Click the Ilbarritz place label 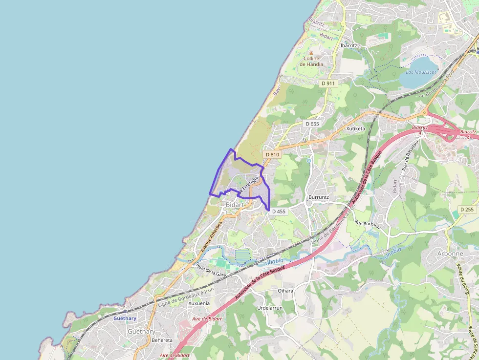(348, 45)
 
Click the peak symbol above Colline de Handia (311, 52)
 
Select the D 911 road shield (328, 84)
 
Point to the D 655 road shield (312, 124)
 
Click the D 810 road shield (272, 154)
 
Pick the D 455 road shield (278, 212)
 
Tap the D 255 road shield (467, 210)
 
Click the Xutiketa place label (355, 128)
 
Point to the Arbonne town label (450, 254)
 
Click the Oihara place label (285, 291)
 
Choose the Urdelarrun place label (270, 308)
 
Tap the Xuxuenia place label (199, 303)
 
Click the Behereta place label (162, 340)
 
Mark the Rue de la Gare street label (211, 271)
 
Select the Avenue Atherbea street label (211, 236)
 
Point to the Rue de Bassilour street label (411, 155)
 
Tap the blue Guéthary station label (125, 318)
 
